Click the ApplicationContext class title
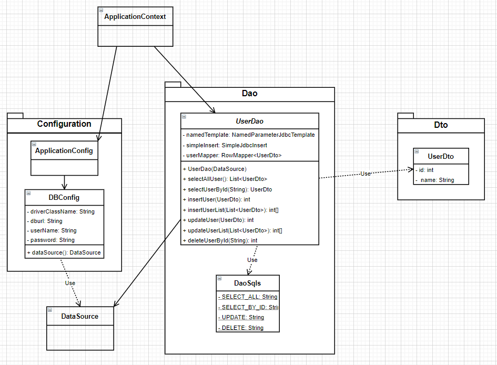(135, 17)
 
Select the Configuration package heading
(64, 124)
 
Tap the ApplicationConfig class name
(64, 151)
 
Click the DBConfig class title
(64, 198)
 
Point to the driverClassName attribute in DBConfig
(60, 211)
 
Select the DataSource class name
(80, 316)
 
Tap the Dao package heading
(250, 94)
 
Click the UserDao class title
(250, 121)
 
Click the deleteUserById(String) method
(220, 240)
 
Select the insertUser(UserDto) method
(216, 199)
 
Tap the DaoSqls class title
(247, 283)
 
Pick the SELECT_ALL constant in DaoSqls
(247, 297)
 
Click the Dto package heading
(441, 126)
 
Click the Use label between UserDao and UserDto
(365, 174)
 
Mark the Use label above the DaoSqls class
(252, 260)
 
